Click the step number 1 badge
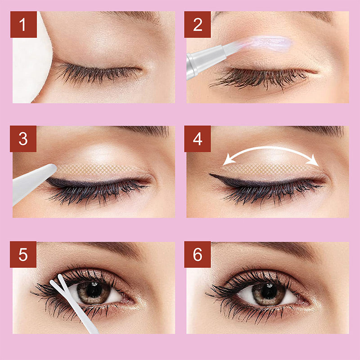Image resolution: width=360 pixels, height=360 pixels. tap(24, 24)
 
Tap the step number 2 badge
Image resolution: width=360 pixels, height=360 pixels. tap(198, 24)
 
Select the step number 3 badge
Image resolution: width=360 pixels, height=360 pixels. tap(24, 139)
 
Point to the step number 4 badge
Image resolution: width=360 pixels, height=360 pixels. tap(198, 139)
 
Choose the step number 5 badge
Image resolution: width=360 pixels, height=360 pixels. tap(24, 255)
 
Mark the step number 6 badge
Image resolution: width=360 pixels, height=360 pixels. tap(198, 255)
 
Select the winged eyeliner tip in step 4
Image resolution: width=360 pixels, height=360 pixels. tap(212, 175)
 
